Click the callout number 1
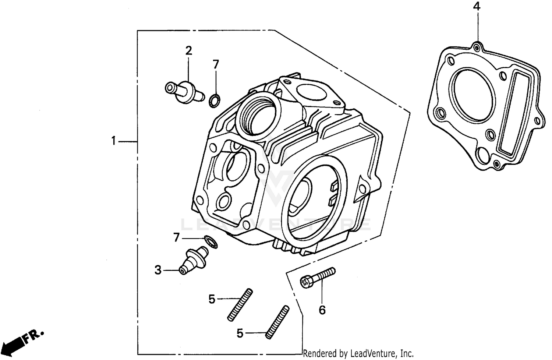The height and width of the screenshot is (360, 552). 114,141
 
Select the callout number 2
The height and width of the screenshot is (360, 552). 188,50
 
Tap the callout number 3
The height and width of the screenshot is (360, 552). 158,270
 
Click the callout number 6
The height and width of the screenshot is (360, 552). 322,310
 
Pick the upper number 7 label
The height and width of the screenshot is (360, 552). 216,64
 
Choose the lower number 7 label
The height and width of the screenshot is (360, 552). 177,238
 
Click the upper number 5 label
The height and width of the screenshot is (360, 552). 212,299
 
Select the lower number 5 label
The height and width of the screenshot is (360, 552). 240,334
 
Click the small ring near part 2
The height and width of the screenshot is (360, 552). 215,100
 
